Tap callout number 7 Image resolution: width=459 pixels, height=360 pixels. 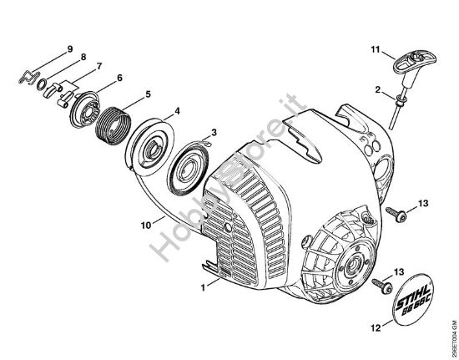tap(99, 65)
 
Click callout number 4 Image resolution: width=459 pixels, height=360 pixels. tap(177, 110)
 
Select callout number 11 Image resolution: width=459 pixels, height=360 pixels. tap(375, 50)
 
